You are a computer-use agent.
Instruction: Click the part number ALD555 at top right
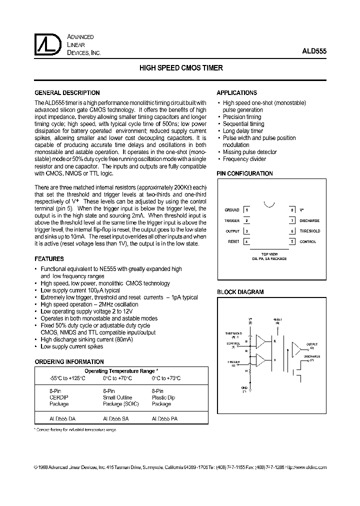[314, 51]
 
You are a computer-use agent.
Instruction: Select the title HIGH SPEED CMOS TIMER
[180, 68]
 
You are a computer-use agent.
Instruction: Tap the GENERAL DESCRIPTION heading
[66, 93]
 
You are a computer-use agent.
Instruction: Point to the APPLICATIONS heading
[236, 93]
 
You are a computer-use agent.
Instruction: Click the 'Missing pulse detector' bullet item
[249, 152]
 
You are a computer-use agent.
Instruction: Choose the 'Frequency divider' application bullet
[244, 159]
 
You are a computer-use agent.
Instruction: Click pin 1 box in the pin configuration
[246, 210]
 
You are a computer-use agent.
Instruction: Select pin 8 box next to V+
[292, 210]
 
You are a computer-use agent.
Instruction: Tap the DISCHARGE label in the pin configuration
[309, 220]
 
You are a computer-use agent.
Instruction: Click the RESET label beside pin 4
[233, 241]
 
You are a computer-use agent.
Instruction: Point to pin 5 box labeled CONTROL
[292, 241]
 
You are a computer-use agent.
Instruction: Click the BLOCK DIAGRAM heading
[240, 292]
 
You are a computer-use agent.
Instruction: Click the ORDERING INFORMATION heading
[69, 361]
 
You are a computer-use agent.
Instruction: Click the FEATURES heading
[48, 259]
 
